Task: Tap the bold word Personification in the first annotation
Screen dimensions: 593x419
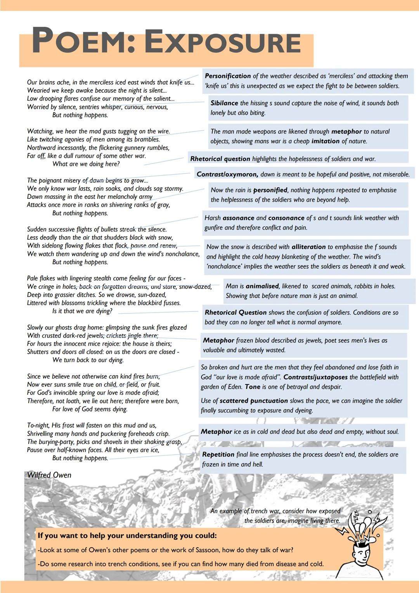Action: pyautogui.click(x=228, y=76)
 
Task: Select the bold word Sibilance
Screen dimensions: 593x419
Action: pyautogui.click(x=224, y=103)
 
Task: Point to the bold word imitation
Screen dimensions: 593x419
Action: pyautogui.click(x=326, y=141)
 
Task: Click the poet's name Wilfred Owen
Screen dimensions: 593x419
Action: pyautogui.click(x=49, y=475)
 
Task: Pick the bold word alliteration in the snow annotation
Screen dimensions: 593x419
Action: pyautogui.click(x=308, y=247)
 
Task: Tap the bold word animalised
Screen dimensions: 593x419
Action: pyautogui.click(x=262, y=286)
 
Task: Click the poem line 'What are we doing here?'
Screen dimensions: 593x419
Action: pyautogui.click(x=86, y=164)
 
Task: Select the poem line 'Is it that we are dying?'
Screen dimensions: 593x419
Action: pyautogui.click(x=82, y=311)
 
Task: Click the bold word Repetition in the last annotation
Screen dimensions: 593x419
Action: pyautogui.click(x=218, y=455)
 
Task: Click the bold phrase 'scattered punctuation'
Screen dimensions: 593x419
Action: pyautogui.click(x=254, y=401)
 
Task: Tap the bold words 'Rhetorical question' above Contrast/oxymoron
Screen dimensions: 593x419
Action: pyautogui.click(x=220, y=159)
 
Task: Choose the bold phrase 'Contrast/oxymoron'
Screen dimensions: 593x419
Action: pyautogui.click(x=227, y=174)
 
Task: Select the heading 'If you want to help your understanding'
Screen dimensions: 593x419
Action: pyautogui.click(x=127, y=536)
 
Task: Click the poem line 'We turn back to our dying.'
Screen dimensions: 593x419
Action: pyautogui.click(x=88, y=360)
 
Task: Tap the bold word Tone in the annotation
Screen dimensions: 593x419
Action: pyautogui.click(x=253, y=387)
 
